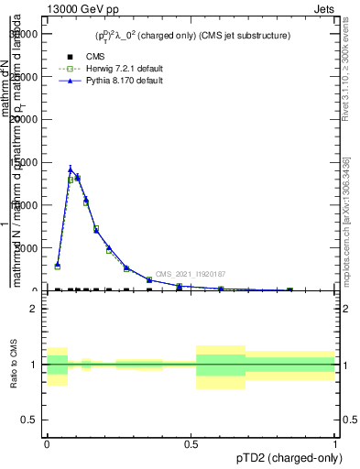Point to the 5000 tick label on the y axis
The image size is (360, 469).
pos(24,248)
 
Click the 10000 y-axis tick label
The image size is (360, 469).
pos(21,205)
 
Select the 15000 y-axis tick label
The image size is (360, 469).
pos(21,162)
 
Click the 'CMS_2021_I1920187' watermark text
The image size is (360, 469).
pos(191,274)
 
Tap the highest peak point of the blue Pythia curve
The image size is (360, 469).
pos(71,169)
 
